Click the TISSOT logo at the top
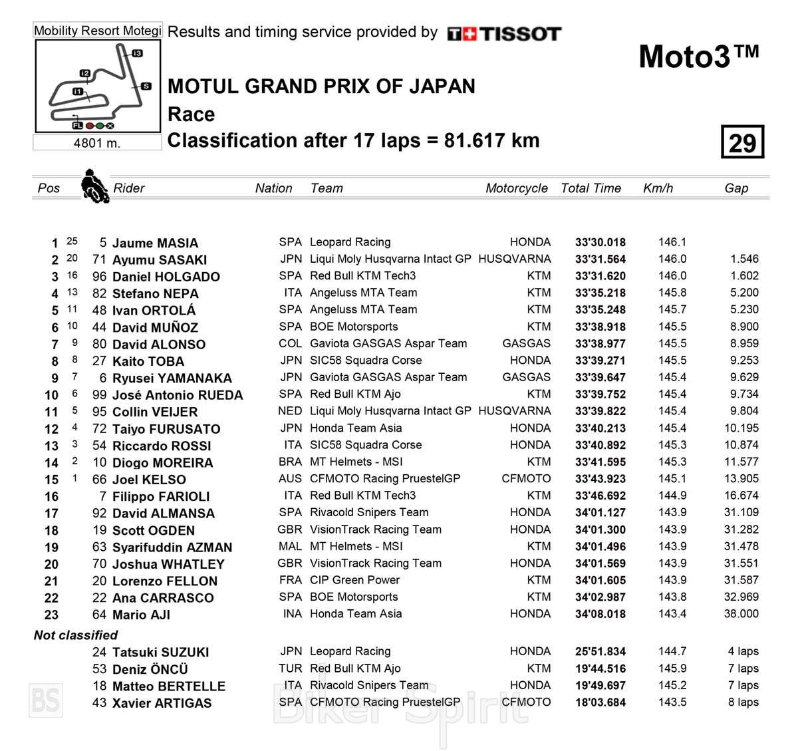505,34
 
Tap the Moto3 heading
698,57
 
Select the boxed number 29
742,142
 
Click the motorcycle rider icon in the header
94,186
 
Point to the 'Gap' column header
736,188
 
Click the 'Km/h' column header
658,188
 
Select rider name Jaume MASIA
155,243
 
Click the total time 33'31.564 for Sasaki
600,259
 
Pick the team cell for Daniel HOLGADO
362,275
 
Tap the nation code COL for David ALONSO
290,343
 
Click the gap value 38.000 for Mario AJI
741,614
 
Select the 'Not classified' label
76,635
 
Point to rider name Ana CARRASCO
163,597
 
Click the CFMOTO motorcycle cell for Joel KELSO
526,478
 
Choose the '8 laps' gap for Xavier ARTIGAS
743,702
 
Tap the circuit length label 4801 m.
97,143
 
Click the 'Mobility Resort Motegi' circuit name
98,31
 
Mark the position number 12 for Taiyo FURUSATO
51,429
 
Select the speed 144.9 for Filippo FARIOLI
672,496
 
